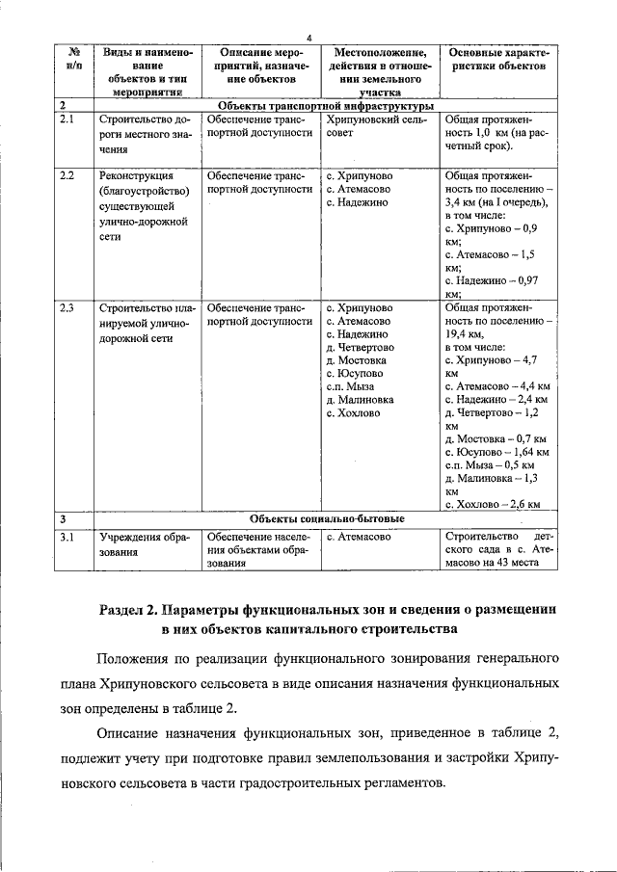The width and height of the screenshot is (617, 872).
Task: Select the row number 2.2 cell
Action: pos(67,176)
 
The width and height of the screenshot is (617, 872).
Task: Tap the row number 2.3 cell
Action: pos(67,308)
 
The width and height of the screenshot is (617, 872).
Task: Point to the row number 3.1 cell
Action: pos(67,537)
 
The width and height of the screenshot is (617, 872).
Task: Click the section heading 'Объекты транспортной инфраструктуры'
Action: pos(327,104)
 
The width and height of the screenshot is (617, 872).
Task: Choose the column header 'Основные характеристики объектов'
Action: pos(496,58)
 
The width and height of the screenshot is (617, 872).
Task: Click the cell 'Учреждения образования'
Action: pos(145,544)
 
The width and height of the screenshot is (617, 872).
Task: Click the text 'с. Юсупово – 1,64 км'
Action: pos(497,451)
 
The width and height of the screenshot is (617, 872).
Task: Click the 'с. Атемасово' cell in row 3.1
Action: pos(359,537)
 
